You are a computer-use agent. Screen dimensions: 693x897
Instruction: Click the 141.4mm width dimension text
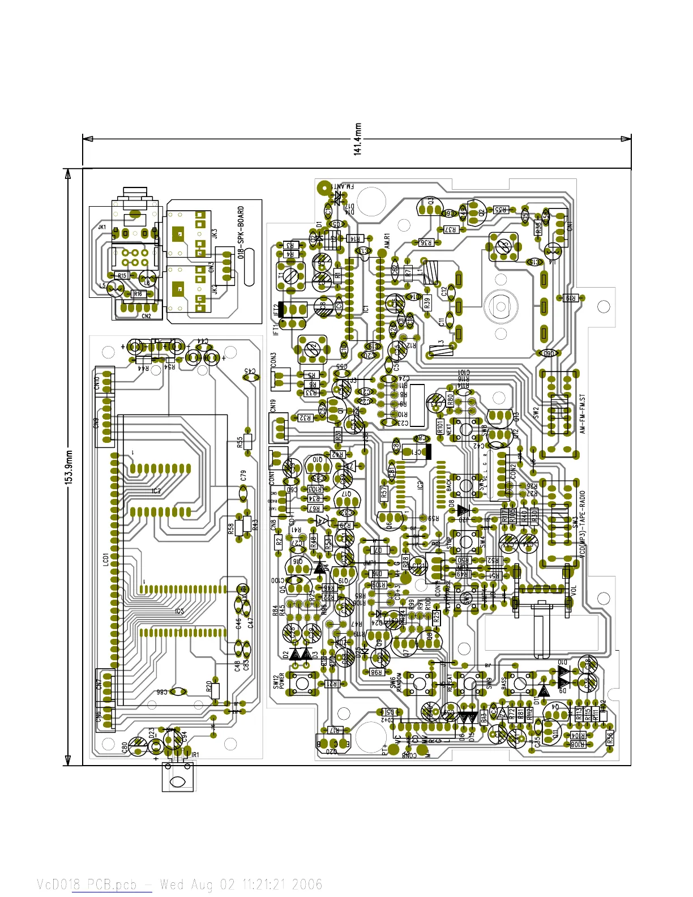[358, 139]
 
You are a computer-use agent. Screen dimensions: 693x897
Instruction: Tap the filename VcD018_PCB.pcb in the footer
[87, 884]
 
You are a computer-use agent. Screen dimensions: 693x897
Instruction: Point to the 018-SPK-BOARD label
[241, 232]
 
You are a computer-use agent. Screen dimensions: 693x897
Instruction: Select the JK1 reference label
[102, 227]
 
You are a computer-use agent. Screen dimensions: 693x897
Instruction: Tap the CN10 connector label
[97, 382]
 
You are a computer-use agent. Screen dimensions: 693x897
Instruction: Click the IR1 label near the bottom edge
[195, 755]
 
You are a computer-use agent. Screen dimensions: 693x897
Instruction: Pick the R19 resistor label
[570, 298]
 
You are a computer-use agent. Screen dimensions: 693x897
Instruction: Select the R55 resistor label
[240, 442]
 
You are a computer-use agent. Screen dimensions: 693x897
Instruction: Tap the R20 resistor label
[209, 687]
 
